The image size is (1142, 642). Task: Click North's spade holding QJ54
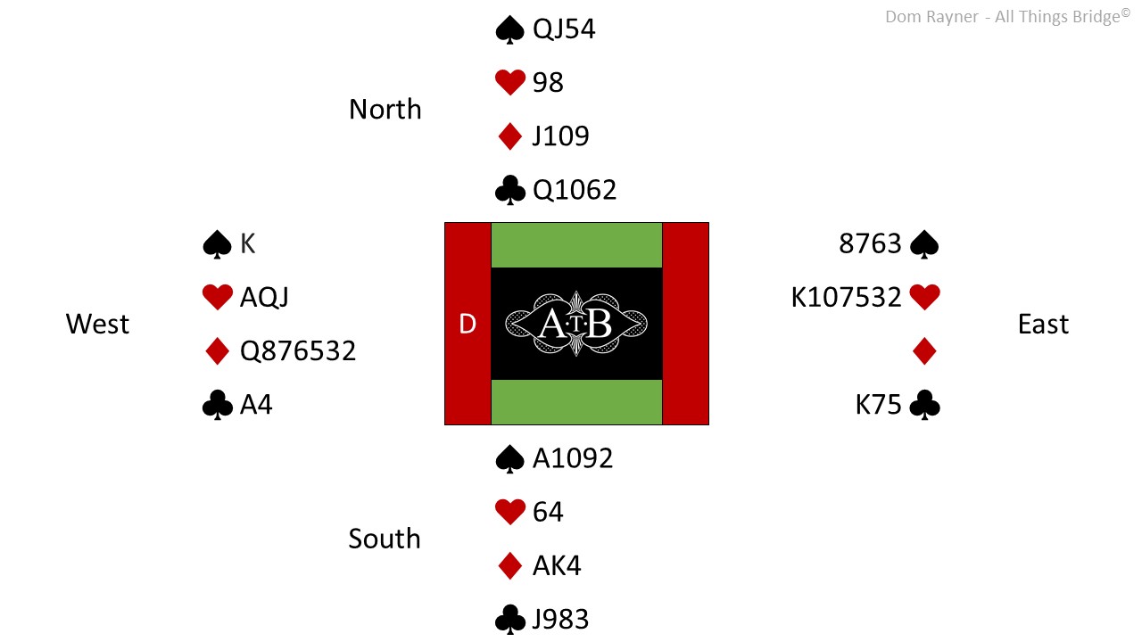[x=563, y=29]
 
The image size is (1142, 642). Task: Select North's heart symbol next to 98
[x=509, y=82]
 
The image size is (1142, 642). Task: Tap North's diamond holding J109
[x=560, y=136]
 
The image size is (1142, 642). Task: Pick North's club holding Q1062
[x=574, y=190]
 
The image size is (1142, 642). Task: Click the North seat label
[x=385, y=109]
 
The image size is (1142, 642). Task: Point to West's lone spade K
[x=247, y=243]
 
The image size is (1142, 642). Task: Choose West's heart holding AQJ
[x=264, y=297]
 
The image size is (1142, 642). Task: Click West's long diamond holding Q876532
[x=298, y=351]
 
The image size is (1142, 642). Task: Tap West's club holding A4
[x=256, y=405]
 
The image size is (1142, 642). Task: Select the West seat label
[x=97, y=324]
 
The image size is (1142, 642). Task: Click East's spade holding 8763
[x=870, y=243]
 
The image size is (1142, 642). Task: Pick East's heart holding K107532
[x=847, y=297]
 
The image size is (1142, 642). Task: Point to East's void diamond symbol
[x=924, y=351]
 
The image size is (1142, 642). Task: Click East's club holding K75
[x=878, y=405]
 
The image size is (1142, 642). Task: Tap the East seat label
[x=1043, y=324]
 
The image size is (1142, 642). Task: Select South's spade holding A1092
[x=573, y=458]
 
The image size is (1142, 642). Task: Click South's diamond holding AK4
[x=557, y=565]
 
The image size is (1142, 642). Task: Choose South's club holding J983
[x=560, y=620]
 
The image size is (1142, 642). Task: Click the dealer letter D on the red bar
[x=468, y=324]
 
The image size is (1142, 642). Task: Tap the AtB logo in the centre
[x=576, y=324]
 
